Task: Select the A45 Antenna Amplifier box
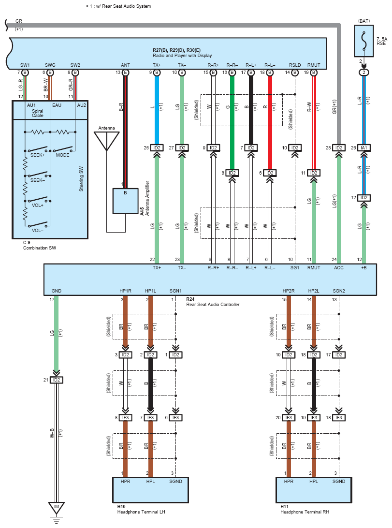point(125,201)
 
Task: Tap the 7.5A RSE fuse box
point(364,41)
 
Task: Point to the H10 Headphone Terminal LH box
point(150,490)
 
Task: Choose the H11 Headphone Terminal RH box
point(314,490)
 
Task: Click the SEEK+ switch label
point(37,155)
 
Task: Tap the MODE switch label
point(62,155)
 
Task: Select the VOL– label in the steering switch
point(37,231)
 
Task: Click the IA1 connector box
point(364,147)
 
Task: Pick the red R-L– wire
point(270,123)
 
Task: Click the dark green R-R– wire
point(232,123)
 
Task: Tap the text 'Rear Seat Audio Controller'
point(213,305)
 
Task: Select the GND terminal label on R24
point(56,291)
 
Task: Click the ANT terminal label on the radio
point(125,65)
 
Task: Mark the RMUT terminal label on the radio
point(314,65)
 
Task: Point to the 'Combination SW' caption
point(40,248)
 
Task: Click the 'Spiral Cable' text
point(38,113)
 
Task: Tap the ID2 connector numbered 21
point(56,380)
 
